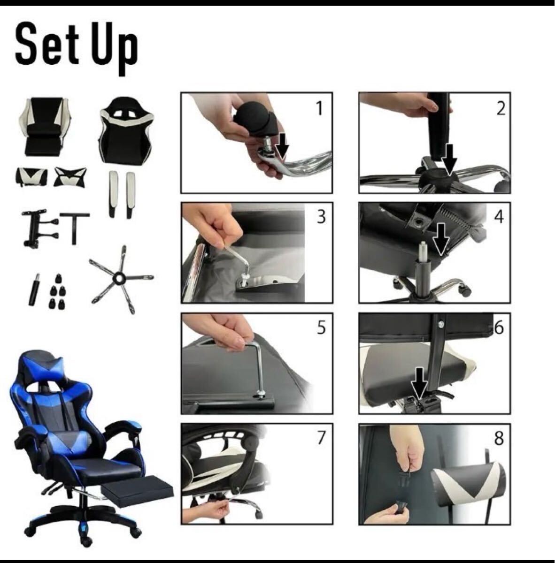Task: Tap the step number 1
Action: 319,109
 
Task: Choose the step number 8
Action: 499,439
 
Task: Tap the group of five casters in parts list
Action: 57,291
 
